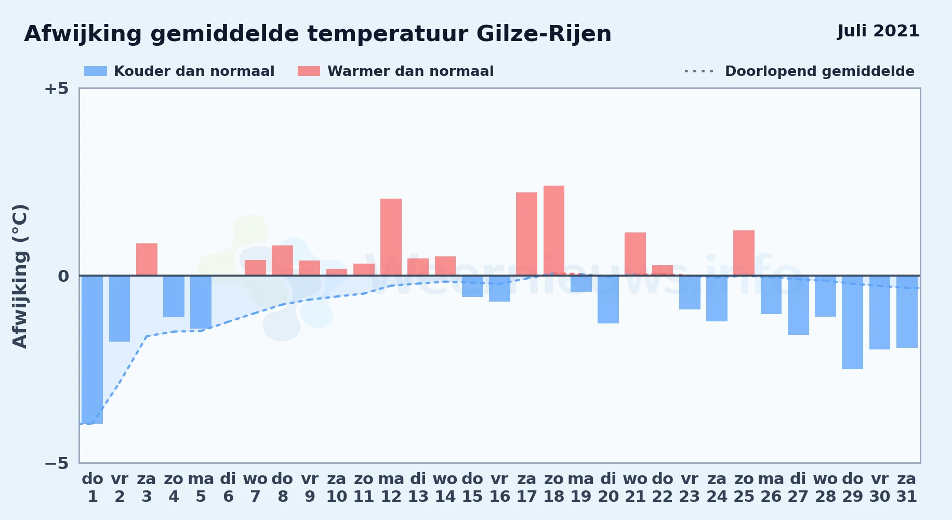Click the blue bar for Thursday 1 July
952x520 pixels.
(92, 349)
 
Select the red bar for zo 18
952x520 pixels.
(554, 230)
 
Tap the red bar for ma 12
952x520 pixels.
(391, 237)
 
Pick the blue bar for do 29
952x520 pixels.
(852, 322)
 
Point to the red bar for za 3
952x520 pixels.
(147, 259)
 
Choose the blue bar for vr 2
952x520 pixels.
(120, 308)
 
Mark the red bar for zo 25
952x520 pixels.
(744, 253)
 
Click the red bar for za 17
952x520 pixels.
(526, 234)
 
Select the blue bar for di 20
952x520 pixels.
(608, 300)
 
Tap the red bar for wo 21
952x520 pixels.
(635, 254)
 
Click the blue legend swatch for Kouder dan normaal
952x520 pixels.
(96, 71)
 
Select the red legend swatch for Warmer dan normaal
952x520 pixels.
(309, 71)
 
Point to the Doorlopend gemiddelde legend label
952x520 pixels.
(819, 71)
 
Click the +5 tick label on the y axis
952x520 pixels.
(56, 89)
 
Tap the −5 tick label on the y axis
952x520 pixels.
(56, 463)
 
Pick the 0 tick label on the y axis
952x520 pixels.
(63, 276)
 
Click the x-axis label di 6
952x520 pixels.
(228, 488)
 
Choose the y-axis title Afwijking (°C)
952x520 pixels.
(20, 276)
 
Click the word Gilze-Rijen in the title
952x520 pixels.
(544, 34)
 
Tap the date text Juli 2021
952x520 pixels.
(878, 31)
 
